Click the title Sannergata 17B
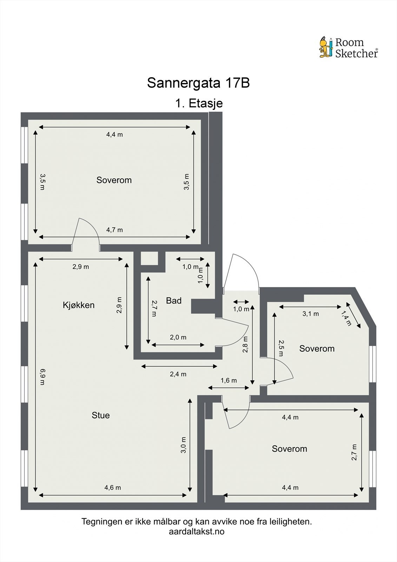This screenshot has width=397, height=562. pos(198,83)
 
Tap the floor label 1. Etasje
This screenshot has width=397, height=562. pos(199,104)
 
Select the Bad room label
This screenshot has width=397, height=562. pos(174,301)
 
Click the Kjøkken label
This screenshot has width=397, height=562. pos(79,305)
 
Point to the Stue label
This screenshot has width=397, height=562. pos(101,415)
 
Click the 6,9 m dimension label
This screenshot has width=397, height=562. pos(42,377)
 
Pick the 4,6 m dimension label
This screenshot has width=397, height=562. pos(113,488)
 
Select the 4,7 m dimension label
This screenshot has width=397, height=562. pos(114,230)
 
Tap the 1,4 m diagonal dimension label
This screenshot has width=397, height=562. pos(346,319)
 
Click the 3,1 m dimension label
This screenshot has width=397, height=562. pos(311,314)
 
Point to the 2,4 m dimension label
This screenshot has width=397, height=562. pos(178,374)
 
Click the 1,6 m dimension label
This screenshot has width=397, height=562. pos(229,380)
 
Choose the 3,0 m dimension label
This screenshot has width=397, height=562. pos(183,445)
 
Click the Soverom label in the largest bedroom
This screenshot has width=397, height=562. pos(114,180)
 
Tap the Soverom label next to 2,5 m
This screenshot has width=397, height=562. pos(317,349)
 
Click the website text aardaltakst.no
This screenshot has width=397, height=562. pos(197,531)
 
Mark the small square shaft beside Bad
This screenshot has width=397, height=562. pos(149,259)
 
